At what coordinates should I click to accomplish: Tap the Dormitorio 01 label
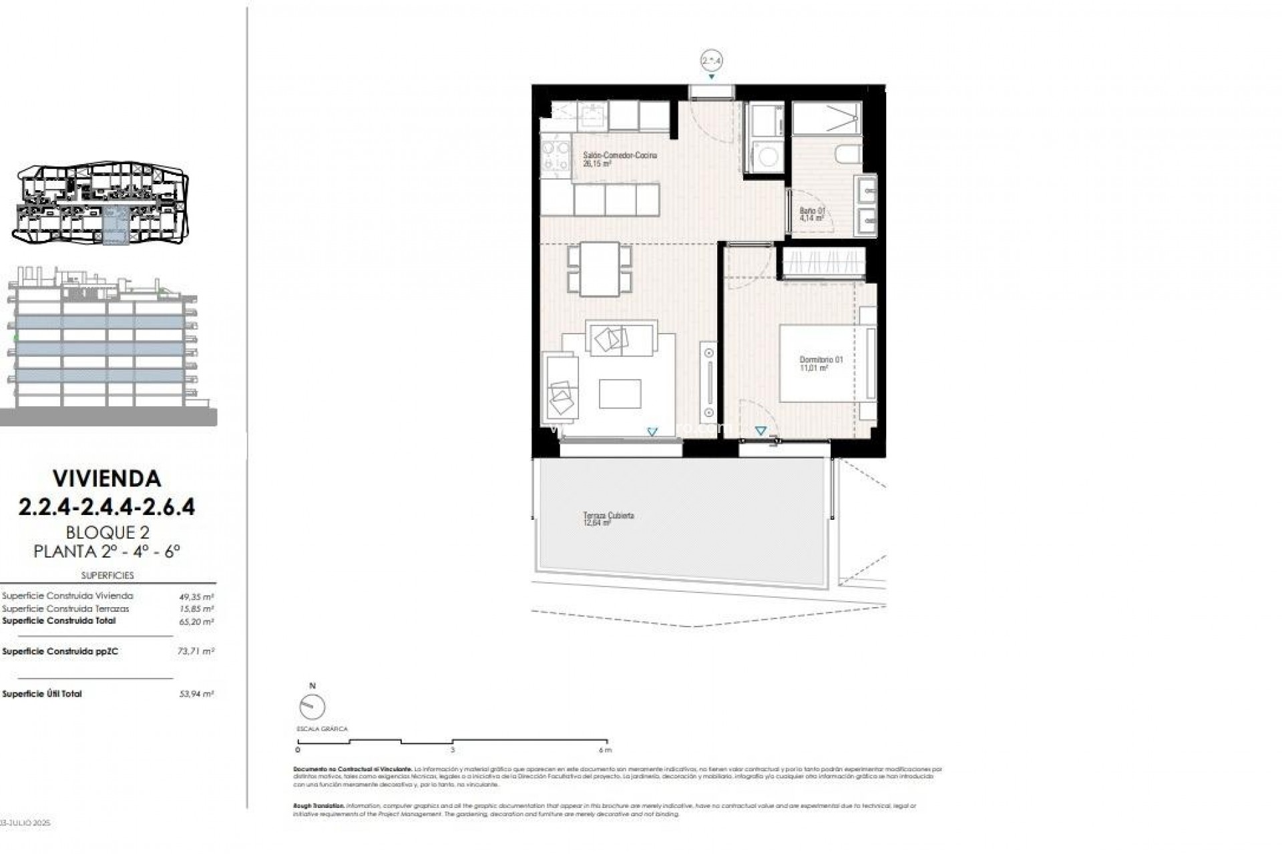tap(821, 360)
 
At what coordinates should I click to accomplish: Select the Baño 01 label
tap(812, 211)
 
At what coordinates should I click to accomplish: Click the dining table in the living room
tap(599, 268)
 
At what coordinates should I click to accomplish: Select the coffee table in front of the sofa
tap(620, 394)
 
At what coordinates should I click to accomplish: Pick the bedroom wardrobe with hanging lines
tap(824, 262)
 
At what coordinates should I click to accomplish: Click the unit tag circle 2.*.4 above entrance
tap(712, 61)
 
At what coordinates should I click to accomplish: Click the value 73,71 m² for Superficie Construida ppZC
tap(201, 651)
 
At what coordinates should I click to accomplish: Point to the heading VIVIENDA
tap(107, 478)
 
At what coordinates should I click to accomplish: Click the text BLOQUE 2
tap(107, 532)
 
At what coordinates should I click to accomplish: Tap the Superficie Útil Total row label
tap(42, 694)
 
